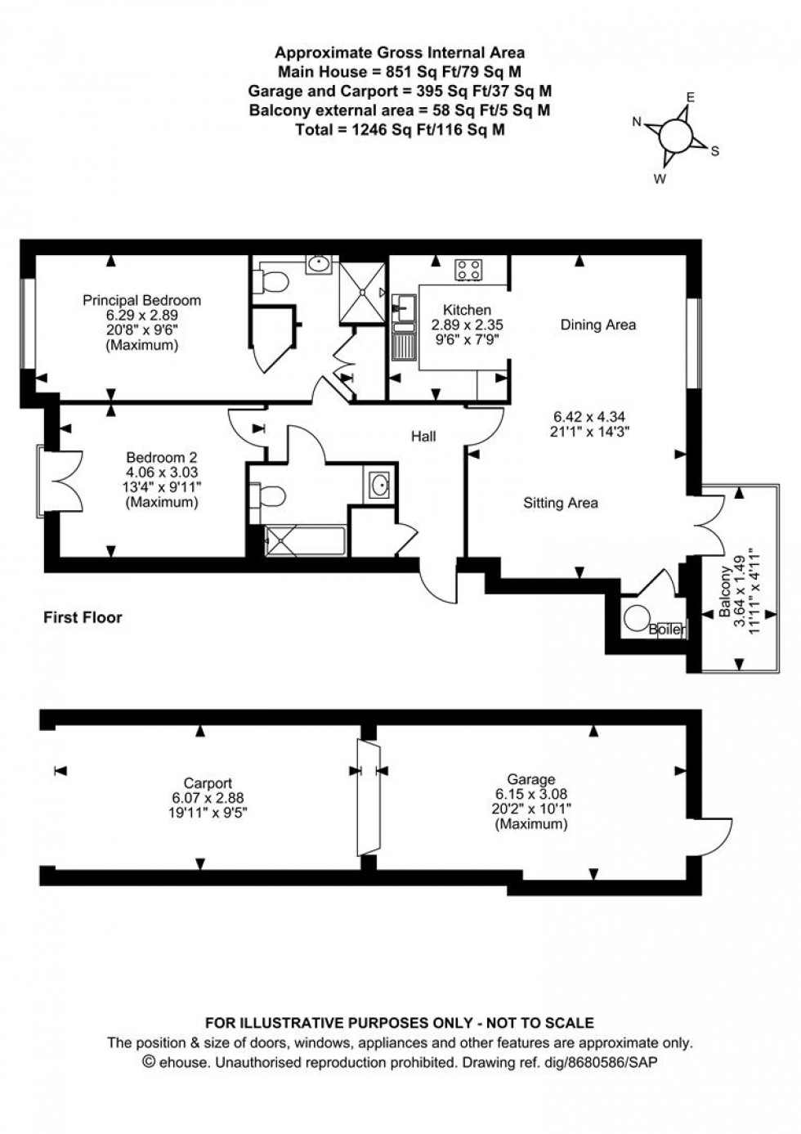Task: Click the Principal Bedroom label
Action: tap(141, 300)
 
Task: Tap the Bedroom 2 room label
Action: tap(161, 458)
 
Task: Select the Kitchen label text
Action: tap(467, 310)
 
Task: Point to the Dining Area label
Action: tap(597, 325)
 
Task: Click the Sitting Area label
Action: tap(560, 503)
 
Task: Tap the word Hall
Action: tap(423, 437)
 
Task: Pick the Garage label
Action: tap(530, 779)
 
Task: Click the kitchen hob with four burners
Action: tap(468, 270)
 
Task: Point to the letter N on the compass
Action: tap(638, 122)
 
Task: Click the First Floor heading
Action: tap(83, 617)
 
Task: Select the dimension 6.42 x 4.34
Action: tap(590, 416)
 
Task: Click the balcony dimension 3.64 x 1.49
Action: tap(738, 591)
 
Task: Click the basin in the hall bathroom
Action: tap(379, 485)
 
